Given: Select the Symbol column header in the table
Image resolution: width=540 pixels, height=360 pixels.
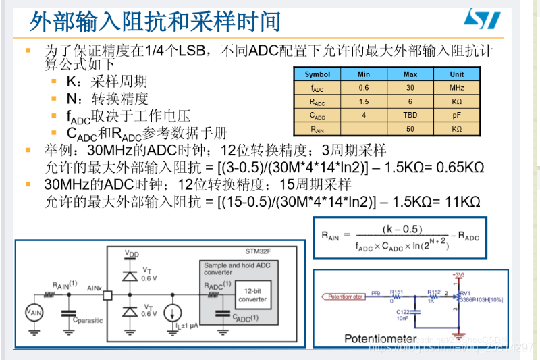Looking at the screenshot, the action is pos(317,74).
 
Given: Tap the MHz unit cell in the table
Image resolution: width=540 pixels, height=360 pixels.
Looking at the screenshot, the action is pos(457,88).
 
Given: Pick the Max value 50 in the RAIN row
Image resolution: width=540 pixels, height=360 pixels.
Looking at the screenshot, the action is pos(410,128).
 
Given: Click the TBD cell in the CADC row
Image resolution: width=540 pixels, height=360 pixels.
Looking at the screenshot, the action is pos(410,115).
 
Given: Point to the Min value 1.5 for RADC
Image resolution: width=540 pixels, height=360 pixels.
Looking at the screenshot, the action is pos(364,101).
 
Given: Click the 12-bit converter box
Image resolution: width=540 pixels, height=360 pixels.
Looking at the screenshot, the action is pos(252,294).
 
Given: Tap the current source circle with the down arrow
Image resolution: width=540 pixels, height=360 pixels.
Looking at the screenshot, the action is pos(173,313).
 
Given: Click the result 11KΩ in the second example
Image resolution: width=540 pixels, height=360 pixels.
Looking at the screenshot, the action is pos(462,201).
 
